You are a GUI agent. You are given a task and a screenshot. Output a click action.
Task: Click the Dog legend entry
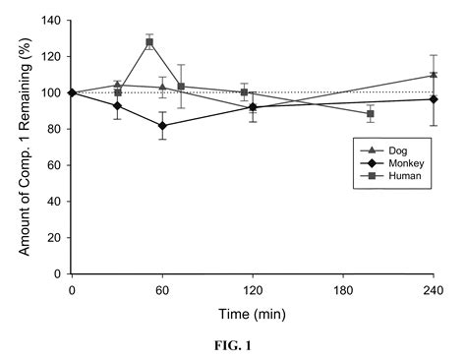point(391,148)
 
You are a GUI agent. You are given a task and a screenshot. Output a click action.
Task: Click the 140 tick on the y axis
point(51,21)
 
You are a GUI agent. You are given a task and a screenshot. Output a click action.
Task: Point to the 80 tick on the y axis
point(54,129)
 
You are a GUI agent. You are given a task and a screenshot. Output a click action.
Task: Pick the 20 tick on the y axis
point(54,238)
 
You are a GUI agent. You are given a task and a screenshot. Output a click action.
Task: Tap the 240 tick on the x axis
point(434,290)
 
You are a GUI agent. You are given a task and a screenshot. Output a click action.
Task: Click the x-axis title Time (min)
point(252,315)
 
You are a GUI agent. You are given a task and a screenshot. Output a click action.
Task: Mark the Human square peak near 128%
point(149,42)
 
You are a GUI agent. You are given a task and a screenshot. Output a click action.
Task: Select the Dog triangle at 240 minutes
point(434,75)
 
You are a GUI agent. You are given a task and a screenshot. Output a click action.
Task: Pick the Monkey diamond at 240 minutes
point(434,99)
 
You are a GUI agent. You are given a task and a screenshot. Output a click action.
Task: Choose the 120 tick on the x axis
point(253,290)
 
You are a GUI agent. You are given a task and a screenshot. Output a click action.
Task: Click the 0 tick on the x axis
point(72,290)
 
